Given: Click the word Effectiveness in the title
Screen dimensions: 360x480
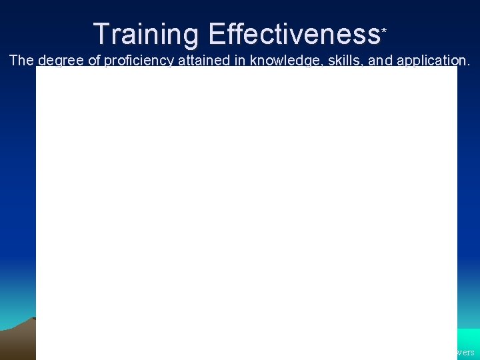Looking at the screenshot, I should point(293,34).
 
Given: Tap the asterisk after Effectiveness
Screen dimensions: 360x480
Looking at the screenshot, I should point(383,30).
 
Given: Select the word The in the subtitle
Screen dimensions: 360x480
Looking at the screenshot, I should point(21,61).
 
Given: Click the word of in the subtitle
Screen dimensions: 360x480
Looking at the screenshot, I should point(95,61).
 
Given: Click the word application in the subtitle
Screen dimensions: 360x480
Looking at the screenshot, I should point(432,61).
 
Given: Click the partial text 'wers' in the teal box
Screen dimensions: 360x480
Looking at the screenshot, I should point(465,351).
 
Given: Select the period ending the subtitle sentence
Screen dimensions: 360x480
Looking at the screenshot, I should point(469,64).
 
